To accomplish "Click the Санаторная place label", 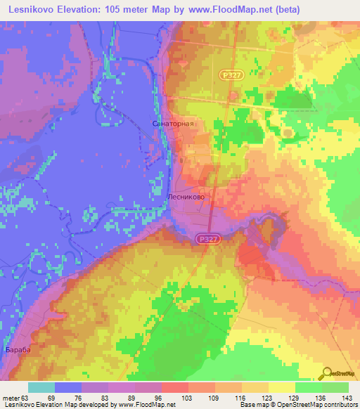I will tap(172, 123).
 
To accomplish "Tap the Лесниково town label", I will tap(186, 198).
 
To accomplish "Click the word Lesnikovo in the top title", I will tap(34, 10).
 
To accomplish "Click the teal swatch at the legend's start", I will tap(41, 387).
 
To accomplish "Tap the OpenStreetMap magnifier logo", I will tap(328, 372).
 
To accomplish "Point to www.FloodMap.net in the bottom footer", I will tap(146, 405).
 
